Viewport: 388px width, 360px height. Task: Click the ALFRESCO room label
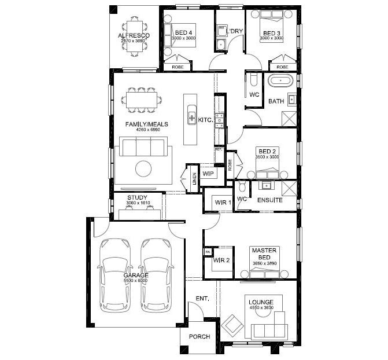[x=134, y=36]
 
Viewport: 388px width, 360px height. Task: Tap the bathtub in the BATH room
[x=281, y=81]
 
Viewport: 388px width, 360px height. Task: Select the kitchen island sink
[x=191, y=119]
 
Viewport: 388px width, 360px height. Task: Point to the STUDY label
[x=137, y=197]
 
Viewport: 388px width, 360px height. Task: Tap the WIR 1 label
[x=223, y=202]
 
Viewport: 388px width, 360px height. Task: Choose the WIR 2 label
[x=222, y=260]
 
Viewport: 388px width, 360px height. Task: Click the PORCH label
[x=199, y=336]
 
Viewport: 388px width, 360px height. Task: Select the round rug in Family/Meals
[x=144, y=168]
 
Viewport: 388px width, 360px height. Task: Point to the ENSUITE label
[x=270, y=200]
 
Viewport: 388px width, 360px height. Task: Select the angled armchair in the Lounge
[x=234, y=325]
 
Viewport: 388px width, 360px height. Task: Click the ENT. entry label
[x=202, y=299]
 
